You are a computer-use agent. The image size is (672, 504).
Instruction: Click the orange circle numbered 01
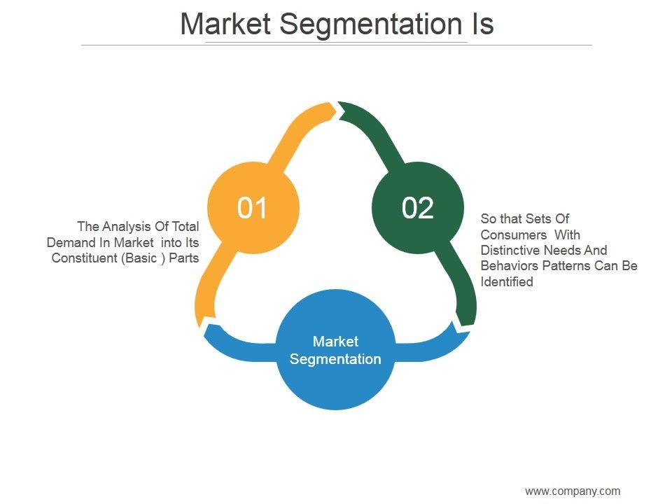point(253,208)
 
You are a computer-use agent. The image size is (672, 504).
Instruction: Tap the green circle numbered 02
point(418,208)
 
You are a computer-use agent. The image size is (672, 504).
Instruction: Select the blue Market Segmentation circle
point(335,350)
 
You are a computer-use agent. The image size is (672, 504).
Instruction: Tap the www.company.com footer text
point(573,491)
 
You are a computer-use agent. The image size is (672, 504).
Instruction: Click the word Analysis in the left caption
point(124,226)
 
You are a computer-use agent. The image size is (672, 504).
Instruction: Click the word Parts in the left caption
point(183,258)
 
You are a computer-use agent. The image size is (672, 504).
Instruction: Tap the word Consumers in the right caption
point(513,234)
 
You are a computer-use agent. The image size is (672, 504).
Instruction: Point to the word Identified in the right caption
point(507,282)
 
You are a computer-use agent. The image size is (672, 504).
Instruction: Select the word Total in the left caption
point(185,226)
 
